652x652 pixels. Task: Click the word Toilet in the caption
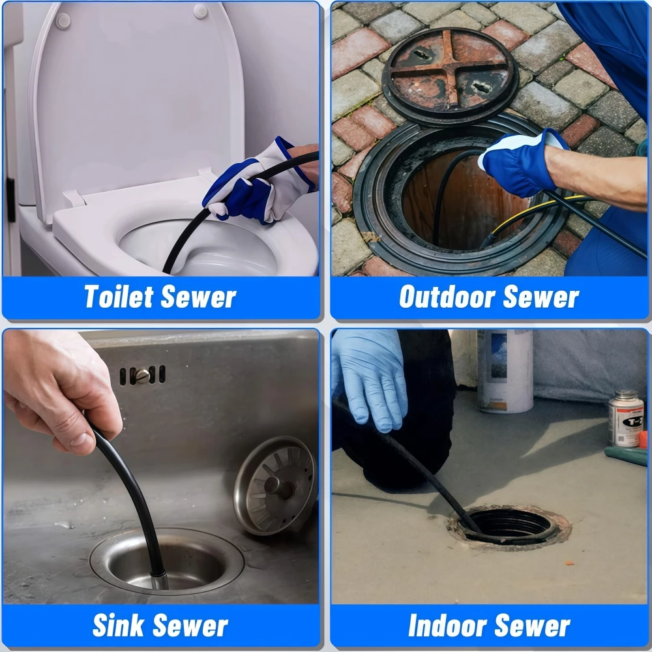119,297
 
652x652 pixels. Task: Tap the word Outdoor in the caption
447,297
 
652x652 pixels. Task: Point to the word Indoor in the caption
447,625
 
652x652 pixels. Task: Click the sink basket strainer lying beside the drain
275,485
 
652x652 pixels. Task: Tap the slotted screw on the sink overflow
143,376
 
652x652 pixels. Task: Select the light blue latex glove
369,378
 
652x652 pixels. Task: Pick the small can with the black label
626,419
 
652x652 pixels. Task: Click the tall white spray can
505,371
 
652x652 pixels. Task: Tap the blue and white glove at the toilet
260,183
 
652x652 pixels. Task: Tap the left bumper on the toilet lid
63,21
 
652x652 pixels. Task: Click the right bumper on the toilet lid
201,11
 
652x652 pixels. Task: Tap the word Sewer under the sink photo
190,625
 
